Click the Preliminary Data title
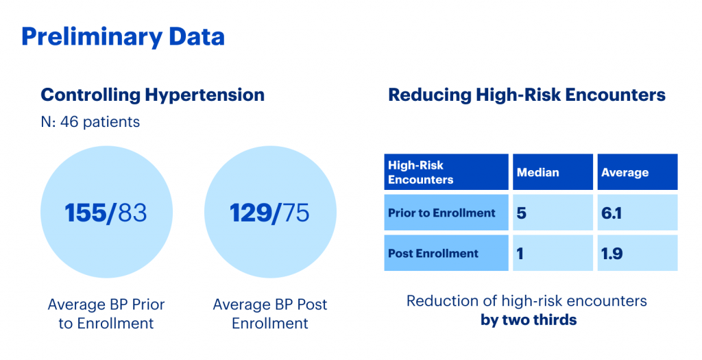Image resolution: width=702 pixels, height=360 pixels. point(123,38)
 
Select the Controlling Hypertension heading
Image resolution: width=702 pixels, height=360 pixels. point(153,95)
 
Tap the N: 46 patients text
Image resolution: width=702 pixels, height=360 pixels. point(90,122)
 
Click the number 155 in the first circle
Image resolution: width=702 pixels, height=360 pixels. point(85,213)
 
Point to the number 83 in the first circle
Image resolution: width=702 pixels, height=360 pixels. point(132,213)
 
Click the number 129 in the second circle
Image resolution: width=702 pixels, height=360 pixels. point(250,213)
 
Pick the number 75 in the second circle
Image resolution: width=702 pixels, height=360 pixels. point(295,213)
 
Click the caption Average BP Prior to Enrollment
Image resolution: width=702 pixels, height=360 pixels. point(106,313)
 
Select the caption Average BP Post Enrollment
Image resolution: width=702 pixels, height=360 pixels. point(270,313)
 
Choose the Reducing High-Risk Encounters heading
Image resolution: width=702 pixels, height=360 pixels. point(527,95)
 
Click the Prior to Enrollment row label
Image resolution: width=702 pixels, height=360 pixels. point(442,213)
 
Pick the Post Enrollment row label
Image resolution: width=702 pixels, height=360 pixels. point(433,254)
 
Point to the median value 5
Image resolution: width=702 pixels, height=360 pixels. point(521,213)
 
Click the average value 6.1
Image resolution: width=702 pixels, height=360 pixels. point(612,213)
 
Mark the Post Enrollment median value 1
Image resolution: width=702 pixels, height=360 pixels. point(520,254)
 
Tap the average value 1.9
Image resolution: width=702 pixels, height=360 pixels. point(612,254)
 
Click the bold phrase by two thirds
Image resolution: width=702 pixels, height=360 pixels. point(529,320)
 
